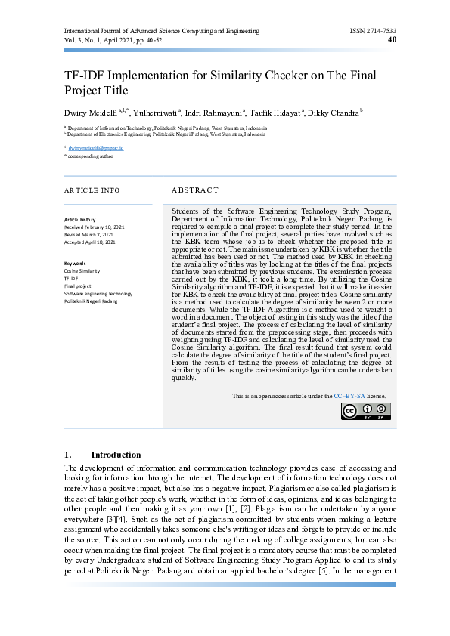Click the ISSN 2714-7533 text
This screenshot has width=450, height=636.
[373, 31]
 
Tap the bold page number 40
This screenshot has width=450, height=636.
[392, 40]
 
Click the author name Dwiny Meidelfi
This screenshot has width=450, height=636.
[95, 112]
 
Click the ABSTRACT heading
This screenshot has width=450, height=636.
[195, 190]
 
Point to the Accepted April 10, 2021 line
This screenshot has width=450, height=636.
[90, 242]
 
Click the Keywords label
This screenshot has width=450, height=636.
[76, 263]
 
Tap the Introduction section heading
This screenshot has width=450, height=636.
[116, 455]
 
